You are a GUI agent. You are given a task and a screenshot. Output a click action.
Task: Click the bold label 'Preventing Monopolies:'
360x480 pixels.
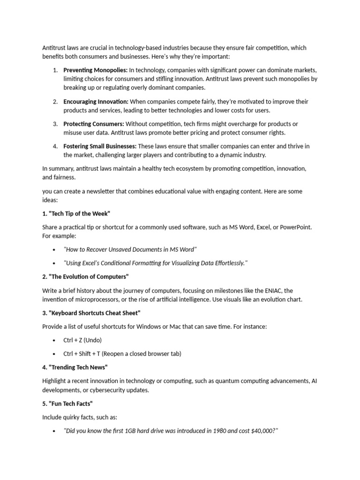coord(95,70)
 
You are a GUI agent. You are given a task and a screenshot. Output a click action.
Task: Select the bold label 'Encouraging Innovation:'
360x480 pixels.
coord(96,102)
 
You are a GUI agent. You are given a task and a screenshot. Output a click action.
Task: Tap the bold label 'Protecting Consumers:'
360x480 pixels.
coord(94,124)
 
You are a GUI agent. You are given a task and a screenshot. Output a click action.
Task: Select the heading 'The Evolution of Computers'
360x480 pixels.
coord(85,277)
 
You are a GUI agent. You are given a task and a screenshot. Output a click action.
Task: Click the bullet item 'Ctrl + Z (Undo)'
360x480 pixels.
coord(82,340)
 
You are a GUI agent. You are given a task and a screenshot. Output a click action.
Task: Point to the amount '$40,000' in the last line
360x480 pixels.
coord(263,431)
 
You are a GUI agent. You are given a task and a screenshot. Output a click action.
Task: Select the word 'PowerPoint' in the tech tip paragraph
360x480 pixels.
coord(295,227)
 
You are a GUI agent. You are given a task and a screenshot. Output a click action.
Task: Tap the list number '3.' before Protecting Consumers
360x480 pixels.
coord(55,124)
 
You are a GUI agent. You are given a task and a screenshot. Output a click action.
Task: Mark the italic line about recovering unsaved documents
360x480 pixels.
coord(130,250)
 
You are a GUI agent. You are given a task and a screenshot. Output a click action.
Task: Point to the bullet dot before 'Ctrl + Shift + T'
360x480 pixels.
coord(55,353)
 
